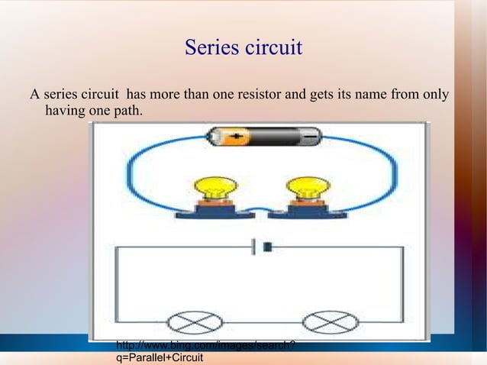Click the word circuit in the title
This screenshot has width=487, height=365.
point(273,48)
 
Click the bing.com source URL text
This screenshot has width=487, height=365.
point(205,346)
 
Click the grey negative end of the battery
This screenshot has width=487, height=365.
point(310,137)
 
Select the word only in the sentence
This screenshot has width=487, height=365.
point(434,96)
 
